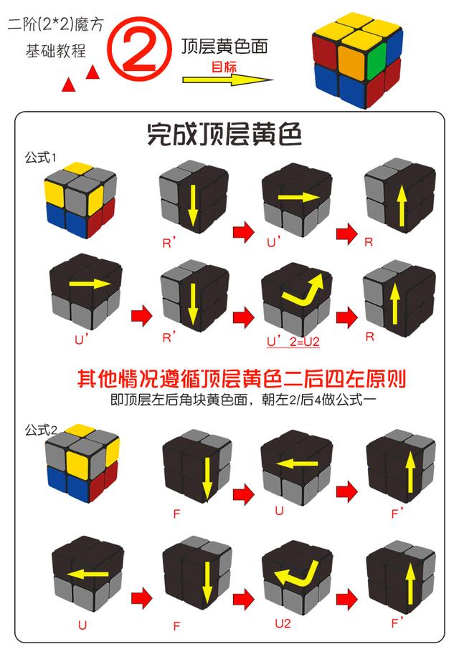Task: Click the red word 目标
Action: (x=222, y=67)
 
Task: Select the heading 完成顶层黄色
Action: (x=224, y=134)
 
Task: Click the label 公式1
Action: (x=40, y=157)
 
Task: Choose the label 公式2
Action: (x=40, y=430)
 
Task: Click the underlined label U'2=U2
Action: (x=293, y=342)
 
